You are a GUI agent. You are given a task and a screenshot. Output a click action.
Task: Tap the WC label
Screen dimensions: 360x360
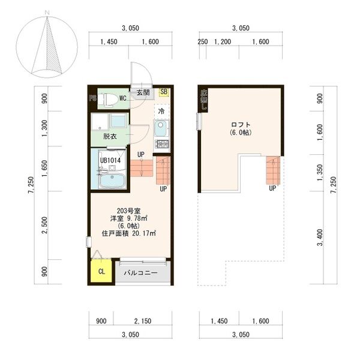tap(122, 97)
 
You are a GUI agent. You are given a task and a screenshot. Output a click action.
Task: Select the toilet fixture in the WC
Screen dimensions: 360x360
tap(108, 99)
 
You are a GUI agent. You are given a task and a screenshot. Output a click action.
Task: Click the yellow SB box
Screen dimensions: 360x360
tap(164, 92)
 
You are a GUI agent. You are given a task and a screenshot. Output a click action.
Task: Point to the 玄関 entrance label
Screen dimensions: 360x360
tap(143, 92)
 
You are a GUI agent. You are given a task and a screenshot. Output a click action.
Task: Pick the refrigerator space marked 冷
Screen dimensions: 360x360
tap(161, 111)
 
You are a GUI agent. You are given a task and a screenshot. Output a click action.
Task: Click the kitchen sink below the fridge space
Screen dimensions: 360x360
tap(161, 128)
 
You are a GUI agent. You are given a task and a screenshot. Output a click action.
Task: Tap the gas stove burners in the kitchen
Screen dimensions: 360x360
tap(161, 144)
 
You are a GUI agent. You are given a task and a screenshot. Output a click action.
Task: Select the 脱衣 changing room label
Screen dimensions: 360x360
tap(109, 136)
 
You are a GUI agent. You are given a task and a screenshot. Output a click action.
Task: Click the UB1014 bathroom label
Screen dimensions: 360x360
tap(110, 160)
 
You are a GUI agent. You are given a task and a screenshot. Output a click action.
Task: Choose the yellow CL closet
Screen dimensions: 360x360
tap(101, 272)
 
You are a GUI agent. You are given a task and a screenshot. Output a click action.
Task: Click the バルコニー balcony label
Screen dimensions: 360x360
tap(141, 272)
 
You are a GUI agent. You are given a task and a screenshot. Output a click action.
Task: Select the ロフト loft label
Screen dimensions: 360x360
tap(240, 124)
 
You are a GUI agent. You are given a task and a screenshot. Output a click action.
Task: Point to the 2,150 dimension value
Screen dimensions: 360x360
tap(142, 321)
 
